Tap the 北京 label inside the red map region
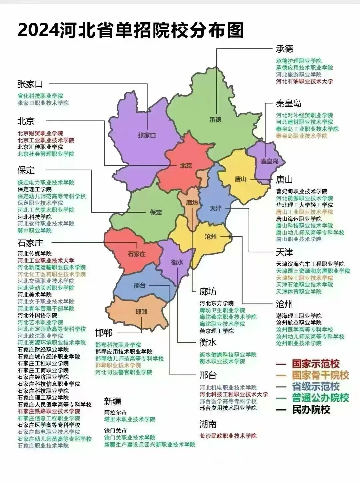[186, 165]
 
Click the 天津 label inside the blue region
[215, 208]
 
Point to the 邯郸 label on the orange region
[141, 312]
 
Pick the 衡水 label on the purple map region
[177, 262]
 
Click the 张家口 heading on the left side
[30, 84]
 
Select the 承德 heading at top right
[285, 49]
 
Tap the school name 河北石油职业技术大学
[304, 81]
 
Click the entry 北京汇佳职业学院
[40, 147]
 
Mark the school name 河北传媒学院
[35, 254]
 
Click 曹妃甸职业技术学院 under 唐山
[302, 191]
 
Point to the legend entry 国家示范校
[315, 364]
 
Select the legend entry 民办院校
[311, 410]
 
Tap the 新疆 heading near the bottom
[112, 401]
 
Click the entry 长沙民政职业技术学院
[228, 436]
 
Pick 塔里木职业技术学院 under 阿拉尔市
[130, 419]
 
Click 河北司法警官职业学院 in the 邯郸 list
[124, 372]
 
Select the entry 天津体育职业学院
[299, 292]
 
